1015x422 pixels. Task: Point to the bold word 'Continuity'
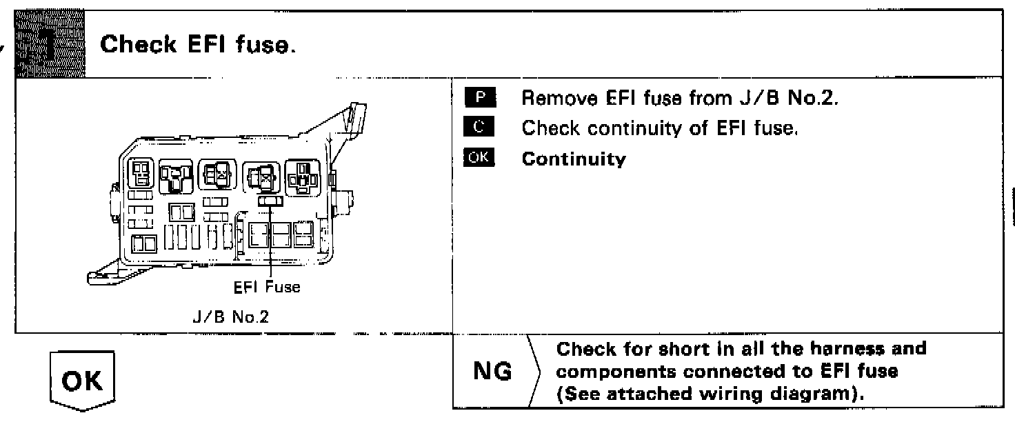pos(574,159)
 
